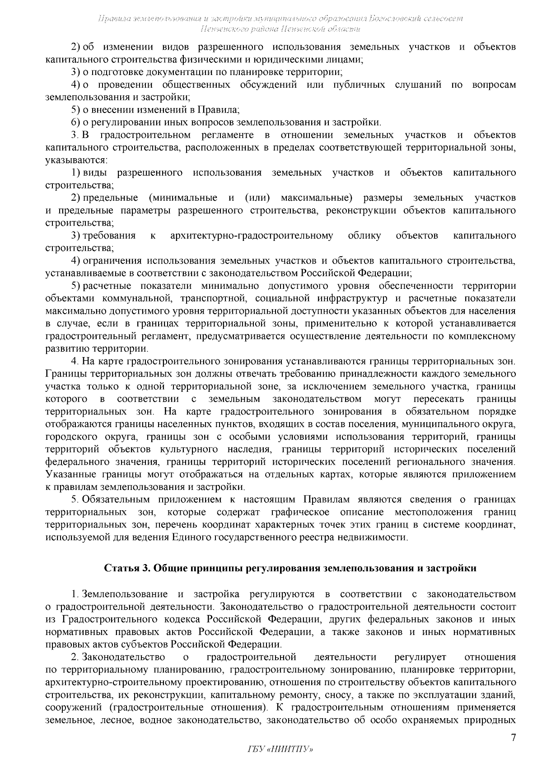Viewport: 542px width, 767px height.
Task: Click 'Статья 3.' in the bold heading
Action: (126, 568)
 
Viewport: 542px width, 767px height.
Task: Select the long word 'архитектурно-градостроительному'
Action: (252, 235)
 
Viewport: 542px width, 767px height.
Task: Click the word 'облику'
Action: (364, 235)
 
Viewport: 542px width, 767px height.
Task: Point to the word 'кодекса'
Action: (187, 619)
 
